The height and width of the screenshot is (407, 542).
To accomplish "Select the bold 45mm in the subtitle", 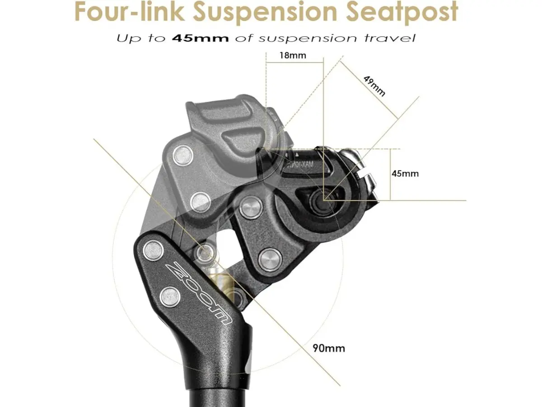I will click(200, 38).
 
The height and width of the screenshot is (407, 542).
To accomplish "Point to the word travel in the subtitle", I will click(388, 38).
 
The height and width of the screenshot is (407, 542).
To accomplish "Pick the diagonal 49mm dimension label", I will click(374, 85).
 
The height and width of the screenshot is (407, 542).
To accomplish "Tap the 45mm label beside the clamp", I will click(405, 173).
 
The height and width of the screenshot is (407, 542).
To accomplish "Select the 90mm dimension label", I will click(328, 348).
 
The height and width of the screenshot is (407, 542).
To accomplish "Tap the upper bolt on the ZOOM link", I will click(154, 249).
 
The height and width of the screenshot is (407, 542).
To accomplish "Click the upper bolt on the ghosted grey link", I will click(183, 155).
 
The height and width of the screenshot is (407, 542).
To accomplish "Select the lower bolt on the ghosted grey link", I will click(200, 201).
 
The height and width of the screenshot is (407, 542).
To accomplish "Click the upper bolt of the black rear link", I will click(251, 208).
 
